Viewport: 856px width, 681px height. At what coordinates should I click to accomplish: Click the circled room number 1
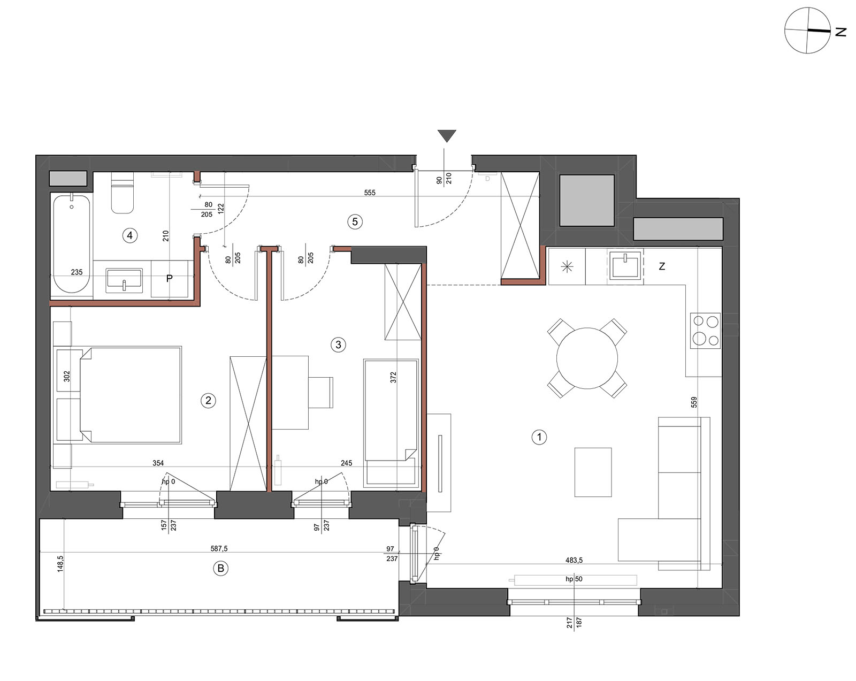coord(539,438)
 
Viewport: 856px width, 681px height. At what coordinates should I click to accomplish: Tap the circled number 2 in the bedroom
coord(208,400)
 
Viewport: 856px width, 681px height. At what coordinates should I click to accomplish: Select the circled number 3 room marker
coord(338,345)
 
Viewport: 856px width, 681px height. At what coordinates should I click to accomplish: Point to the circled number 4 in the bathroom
coord(129,235)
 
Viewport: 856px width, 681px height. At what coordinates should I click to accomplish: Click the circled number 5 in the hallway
coord(355,221)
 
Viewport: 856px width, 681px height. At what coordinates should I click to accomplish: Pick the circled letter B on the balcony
coord(220,569)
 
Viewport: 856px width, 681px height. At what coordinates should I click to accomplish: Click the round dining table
coord(587,358)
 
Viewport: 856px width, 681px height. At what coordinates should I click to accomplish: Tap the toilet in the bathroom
coord(122,193)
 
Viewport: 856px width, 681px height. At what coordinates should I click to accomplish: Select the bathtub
coord(72,243)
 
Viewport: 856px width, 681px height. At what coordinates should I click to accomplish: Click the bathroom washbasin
coord(124,280)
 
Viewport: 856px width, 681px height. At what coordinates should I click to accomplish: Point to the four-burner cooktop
coord(705,331)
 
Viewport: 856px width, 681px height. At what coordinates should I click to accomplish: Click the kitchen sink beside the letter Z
coord(625,264)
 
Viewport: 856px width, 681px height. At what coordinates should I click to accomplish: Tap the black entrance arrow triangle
coord(447,136)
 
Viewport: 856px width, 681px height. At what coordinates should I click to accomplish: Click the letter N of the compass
coord(840,32)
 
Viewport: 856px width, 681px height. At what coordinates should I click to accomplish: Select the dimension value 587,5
coord(219,548)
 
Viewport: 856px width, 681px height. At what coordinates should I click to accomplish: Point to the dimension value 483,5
coord(574,560)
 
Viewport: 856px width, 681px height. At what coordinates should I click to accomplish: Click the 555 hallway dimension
coord(370,193)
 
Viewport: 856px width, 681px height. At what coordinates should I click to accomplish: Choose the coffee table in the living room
coord(593,472)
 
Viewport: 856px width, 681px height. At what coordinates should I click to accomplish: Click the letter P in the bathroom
coord(169,279)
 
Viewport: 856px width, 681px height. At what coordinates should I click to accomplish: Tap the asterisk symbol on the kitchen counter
coord(567,267)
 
